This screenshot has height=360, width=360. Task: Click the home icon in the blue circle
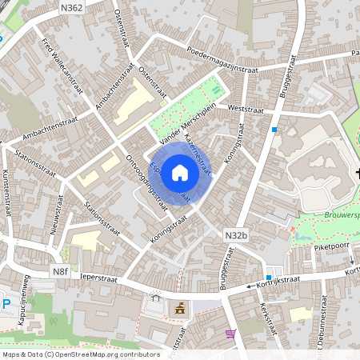(x=180, y=172)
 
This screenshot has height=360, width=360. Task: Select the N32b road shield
(x=235, y=234)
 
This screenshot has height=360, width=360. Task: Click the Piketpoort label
(x=328, y=248)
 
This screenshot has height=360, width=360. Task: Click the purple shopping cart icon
(x=231, y=334)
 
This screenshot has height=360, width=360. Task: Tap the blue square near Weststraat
(x=274, y=130)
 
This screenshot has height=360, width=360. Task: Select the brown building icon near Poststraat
(x=180, y=310)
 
